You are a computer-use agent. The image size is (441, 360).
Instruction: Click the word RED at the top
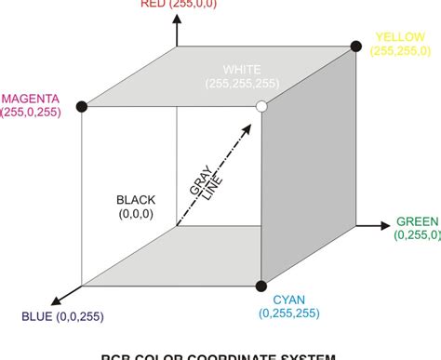pos(154,4)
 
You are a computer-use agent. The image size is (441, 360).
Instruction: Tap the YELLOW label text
pos(399,37)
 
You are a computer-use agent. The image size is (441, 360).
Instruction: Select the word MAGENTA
pos(33,98)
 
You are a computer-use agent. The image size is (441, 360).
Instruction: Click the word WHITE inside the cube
pos(243,70)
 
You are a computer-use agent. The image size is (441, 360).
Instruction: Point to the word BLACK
pos(136,200)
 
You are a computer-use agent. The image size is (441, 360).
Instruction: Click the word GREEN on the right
pos(417,221)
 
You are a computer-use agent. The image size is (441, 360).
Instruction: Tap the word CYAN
pos(289,300)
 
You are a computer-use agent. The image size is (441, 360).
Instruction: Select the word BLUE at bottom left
pos(39,319)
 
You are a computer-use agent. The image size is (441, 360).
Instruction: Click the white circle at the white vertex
pos(261,108)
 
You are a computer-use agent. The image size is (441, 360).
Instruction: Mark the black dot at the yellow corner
pos(354,46)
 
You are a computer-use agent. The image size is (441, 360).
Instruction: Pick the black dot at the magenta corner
pos(81,108)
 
